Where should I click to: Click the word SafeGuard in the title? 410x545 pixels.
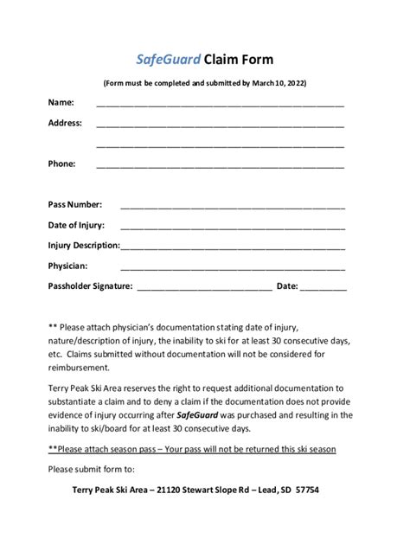[x=168, y=60]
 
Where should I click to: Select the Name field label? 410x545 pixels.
[x=61, y=102]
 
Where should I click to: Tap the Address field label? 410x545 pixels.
[x=65, y=123]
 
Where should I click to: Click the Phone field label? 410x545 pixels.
[x=61, y=163]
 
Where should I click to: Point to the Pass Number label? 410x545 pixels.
[x=74, y=205]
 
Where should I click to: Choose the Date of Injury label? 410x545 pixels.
[x=76, y=225]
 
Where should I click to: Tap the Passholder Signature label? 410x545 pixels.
[x=90, y=285]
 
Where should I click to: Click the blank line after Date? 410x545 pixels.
[x=324, y=287]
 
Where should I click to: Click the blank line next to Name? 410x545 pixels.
[x=220, y=104]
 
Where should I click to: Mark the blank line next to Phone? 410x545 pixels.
[x=220, y=165]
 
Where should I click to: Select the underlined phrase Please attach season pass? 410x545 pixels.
[x=112, y=450]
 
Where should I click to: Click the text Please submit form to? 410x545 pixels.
[x=92, y=470]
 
